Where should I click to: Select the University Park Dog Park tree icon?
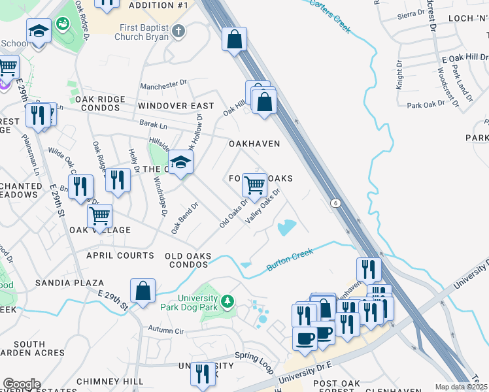227,302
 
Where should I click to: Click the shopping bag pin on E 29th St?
143,291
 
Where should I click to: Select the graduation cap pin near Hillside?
180,162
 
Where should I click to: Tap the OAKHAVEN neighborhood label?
254,144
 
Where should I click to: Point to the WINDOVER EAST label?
176,106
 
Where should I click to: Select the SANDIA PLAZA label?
69,283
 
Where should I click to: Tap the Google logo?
21,384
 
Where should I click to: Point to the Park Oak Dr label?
426,105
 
